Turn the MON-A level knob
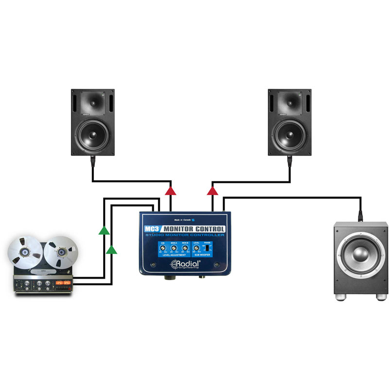point(174,248)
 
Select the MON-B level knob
point(185,248)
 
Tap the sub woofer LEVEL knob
point(196,248)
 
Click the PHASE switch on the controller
point(208,248)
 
